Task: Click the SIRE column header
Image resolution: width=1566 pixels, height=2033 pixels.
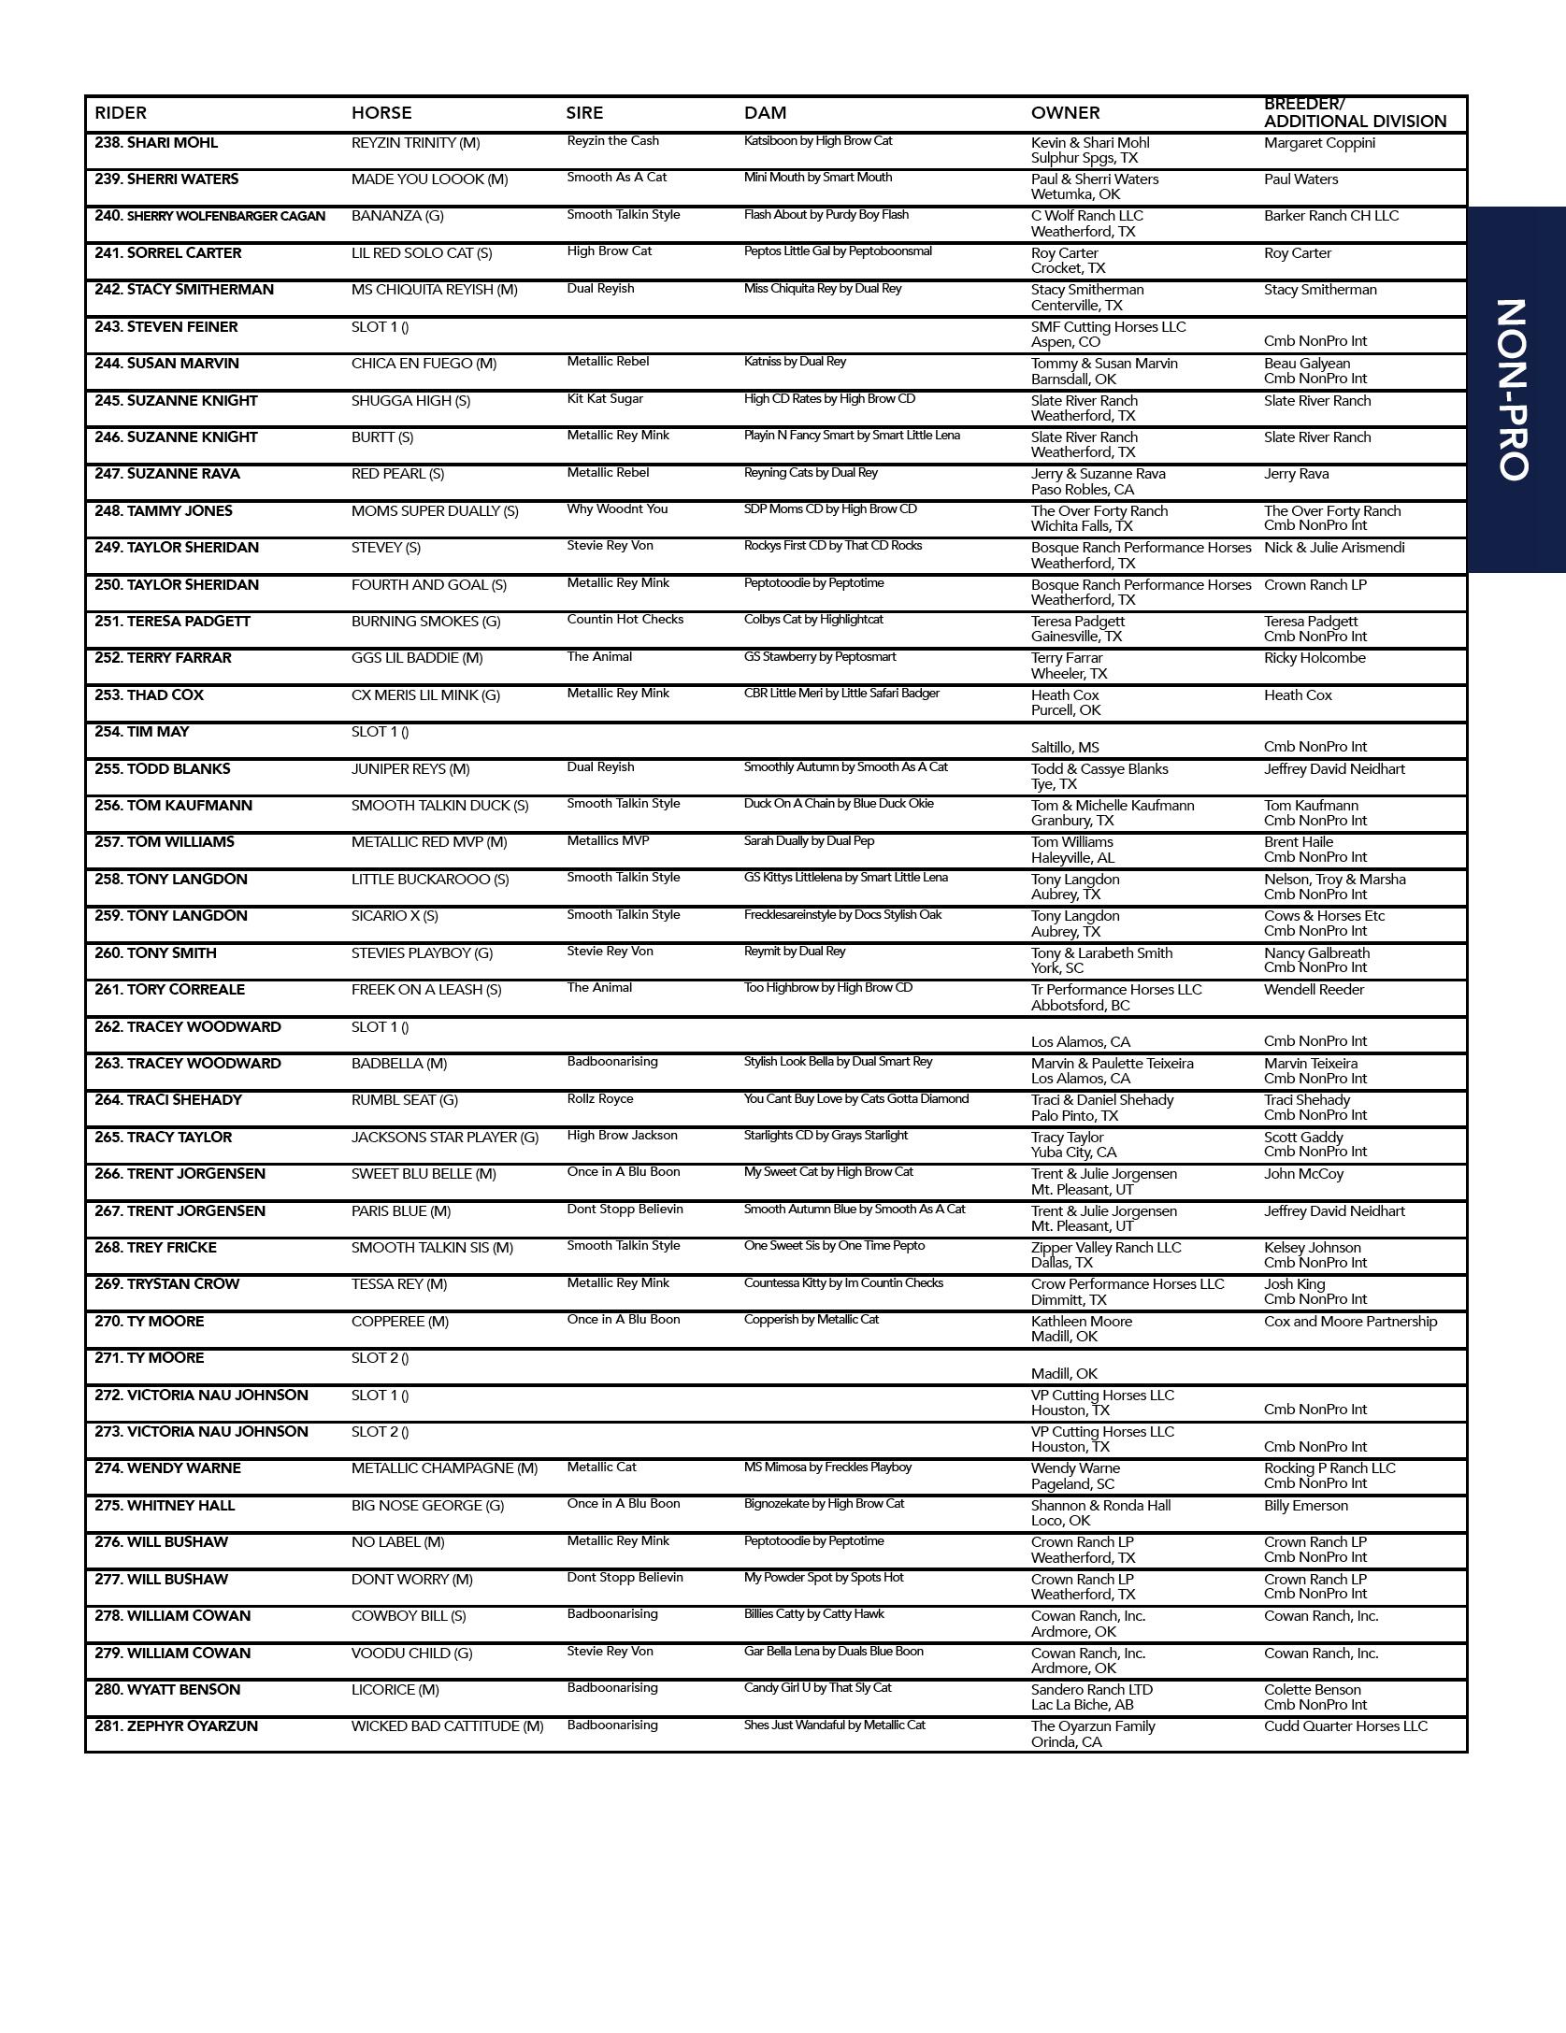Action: pos(584,113)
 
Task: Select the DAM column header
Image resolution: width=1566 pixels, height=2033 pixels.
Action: pos(765,113)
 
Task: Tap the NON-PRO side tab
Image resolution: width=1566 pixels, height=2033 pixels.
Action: pos(1514,389)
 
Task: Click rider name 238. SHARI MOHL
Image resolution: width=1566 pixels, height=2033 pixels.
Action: pos(156,143)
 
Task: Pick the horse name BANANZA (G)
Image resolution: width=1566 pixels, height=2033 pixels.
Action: pos(397,216)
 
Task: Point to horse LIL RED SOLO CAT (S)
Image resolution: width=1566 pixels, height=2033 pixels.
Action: pos(421,253)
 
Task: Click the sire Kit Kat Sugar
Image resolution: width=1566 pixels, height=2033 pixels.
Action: pos(605,399)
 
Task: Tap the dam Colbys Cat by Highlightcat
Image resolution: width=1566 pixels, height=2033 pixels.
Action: pos(813,620)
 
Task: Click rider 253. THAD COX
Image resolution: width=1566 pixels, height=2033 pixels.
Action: pos(149,695)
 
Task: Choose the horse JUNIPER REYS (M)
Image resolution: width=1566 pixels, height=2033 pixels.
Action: pos(410,769)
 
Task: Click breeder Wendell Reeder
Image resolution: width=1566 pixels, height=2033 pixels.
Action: pos(1314,990)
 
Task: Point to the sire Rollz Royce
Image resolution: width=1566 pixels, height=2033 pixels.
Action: pos(599,1099)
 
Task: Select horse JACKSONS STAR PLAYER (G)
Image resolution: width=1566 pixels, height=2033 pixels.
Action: pos(445,1138)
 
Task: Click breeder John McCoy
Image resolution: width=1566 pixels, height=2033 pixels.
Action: pos(1303,1174)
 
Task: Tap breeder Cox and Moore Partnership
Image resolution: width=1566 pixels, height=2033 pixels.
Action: pos(1350,1322)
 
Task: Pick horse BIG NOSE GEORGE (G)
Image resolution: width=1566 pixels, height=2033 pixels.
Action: pos(427,1506)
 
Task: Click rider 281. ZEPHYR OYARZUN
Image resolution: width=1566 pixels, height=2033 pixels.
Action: pos(176,1726)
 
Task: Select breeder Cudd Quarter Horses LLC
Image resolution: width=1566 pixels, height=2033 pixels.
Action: pos(1345,1726)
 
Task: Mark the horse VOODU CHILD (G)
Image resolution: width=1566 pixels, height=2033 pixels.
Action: pos(411,1654)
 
